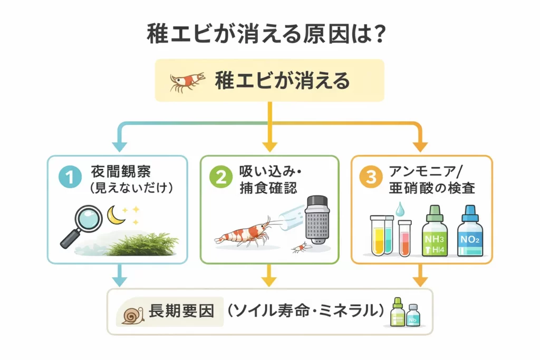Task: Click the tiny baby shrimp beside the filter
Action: pos(298,246)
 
